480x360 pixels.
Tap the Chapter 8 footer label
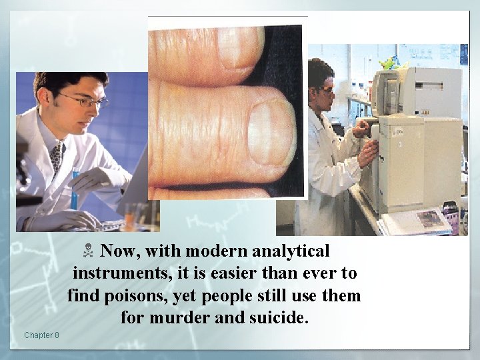[x=41, y=335]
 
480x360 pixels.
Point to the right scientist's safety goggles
[x=327, y=89]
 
